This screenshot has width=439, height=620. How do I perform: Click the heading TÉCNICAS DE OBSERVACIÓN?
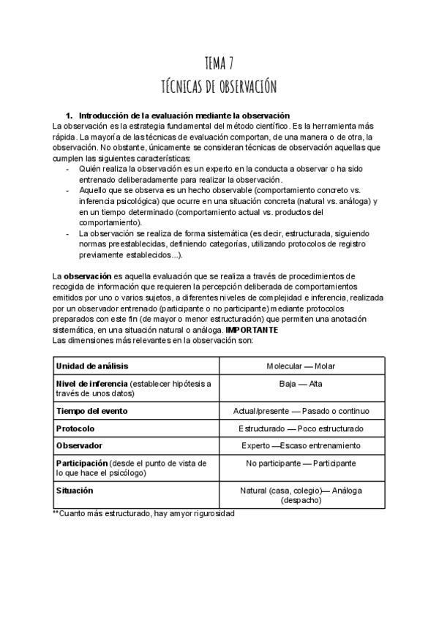coord(219,87)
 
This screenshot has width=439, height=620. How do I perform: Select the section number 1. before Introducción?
coord(70,116)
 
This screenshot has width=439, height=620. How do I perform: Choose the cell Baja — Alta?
coord(301,383)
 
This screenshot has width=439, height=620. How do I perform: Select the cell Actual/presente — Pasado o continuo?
coord(301,411)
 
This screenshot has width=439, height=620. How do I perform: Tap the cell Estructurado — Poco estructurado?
coord(301,428)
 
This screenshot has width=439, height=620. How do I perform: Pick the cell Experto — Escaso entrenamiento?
coord(301,445)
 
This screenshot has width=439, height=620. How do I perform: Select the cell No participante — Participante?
coord(301,464)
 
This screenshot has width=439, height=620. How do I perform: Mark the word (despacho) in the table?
coord(301,501)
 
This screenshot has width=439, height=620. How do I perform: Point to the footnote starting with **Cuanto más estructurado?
coord(143,515)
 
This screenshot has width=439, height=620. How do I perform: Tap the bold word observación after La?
coord(87,276)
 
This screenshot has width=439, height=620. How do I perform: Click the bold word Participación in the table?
coord(82,464)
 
